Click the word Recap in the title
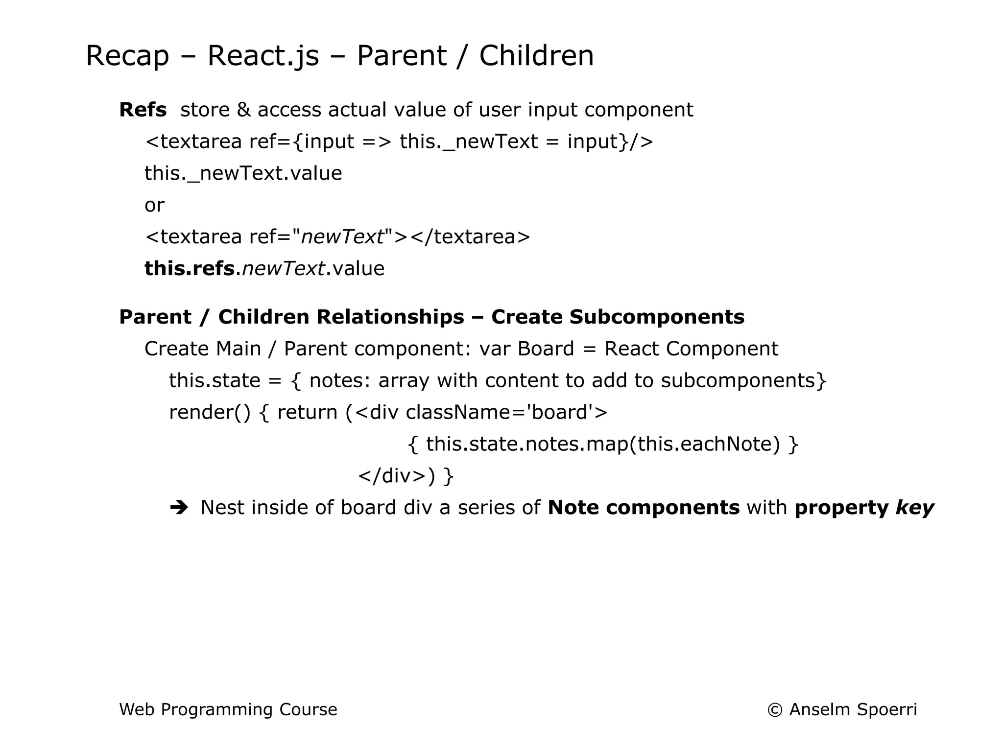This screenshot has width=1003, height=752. pyautogui.click(x=127, y=56)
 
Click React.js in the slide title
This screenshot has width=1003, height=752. pyautogui.click(x=263, y=56)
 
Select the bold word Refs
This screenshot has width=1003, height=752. pyautogui.click(x=143, y=110)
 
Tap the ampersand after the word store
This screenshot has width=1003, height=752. pyautogui.click(x=243, y=110)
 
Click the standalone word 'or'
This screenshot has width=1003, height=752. pyautogui.click(x=154, y=205)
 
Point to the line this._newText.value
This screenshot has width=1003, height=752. pyautogui.click(x=243, y=173)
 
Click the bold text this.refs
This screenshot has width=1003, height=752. pyautogui.click(x=190, y=268)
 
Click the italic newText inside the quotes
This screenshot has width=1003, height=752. pyautogui.click(x=342, y=237)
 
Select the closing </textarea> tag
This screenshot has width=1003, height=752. pyautogui.click(x=470, y=237)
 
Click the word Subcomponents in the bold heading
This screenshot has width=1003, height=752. pyautogui.click(x=656, y=317)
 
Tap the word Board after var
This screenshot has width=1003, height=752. pyautogui.click(x=545, y=349)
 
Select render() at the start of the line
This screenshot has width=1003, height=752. pyautogui.click(x=210, y=413)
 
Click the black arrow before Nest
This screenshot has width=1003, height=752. pyautogui.click(x=179, y=508)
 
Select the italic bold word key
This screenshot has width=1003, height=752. pyautogui.click(x=914, y=508)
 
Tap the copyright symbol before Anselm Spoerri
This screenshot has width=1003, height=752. pyautogui.click(x=775, y=710)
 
